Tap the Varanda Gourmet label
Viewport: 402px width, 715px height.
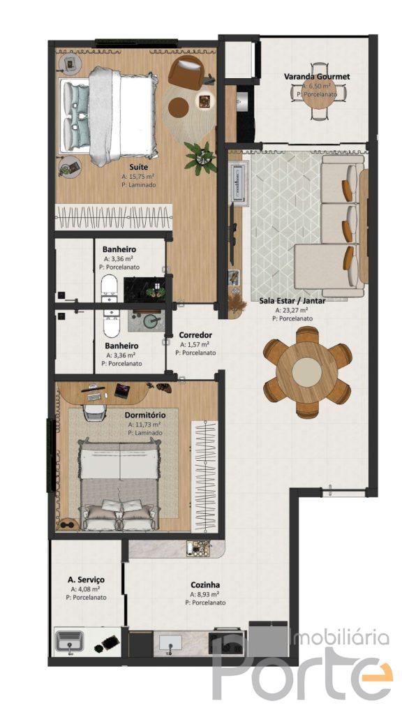click(317, 77)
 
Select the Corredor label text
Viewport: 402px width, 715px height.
click(195, 335)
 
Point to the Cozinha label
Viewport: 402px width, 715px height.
click(205, 584)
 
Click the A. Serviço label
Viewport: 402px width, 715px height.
click(86, 580)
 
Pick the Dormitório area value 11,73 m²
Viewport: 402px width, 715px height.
click(144, 424)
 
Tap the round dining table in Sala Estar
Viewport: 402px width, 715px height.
click(307, 371)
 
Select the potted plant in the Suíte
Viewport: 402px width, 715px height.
click(200, 158)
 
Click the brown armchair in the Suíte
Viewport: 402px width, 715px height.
click(186, 72)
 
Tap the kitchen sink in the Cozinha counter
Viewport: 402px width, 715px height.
click(171, 643)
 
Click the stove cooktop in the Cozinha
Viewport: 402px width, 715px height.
click(228, 642)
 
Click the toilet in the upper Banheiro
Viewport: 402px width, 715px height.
click(109, 287)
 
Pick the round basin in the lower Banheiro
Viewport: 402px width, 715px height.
click(151, 321)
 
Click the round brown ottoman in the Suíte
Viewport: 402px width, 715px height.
click(178, 108)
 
